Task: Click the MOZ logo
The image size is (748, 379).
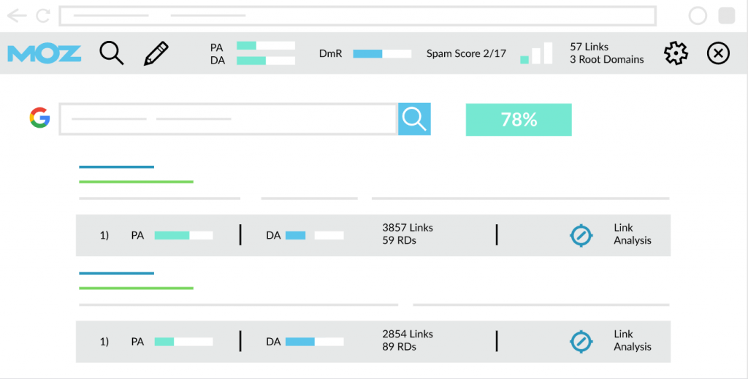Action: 45,54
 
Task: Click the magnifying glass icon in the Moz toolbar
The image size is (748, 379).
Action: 112,53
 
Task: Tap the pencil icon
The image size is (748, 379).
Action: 156,53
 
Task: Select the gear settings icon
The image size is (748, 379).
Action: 676,53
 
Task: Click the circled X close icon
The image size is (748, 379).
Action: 718,53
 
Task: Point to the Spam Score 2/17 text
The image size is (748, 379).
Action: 466,53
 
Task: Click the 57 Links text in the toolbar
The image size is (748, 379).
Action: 589,47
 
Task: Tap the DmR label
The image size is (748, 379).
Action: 331,53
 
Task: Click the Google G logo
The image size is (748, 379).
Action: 39,118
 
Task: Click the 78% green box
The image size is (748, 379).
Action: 519,120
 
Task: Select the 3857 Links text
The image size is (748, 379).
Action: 408,228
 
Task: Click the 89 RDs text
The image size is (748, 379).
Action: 399,347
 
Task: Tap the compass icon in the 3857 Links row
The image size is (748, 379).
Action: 581,235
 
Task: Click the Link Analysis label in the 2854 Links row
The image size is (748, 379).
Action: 632,340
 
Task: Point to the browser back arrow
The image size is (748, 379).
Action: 17,16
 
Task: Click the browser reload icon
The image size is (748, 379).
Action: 43,16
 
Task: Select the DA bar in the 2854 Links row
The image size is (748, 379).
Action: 314,341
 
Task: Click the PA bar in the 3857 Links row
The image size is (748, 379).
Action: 183,235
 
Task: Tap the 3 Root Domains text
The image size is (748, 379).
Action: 606,60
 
